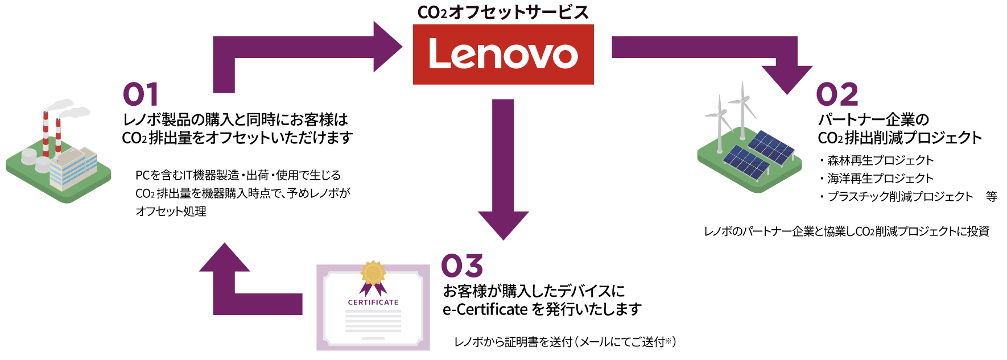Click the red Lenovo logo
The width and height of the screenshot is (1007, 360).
coord(503,55)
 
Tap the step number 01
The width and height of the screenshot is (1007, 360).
coord(141,94)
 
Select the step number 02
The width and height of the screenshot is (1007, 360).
coord(836,94)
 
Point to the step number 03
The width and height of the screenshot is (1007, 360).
coord(461,266)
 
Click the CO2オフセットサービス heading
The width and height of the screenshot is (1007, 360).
coord(503,12)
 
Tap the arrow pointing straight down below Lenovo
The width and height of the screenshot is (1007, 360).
coord(503,171)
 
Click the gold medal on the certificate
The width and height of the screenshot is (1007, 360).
coord(373,273)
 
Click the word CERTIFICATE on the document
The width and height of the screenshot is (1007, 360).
coord(373,302)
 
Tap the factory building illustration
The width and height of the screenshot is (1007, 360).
coord(71,168)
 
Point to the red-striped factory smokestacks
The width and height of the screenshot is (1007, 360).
coord(51,134)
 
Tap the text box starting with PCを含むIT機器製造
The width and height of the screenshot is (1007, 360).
coord(242,193)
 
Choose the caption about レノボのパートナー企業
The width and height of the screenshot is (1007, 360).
coord(847,231)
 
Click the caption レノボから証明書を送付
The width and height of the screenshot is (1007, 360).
coord(565,341)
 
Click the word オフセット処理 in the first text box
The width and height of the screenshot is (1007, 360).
coord(171,212)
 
